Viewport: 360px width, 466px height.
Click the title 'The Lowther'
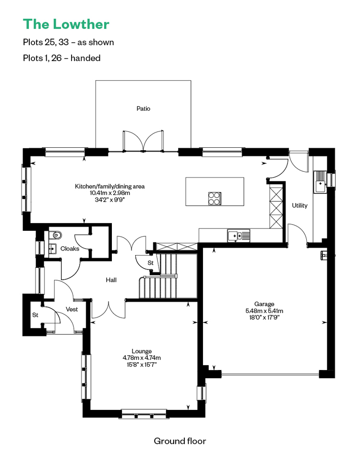click(66, 24)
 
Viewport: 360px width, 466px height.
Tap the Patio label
click(144, 108)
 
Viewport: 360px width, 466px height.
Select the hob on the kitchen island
click(215, 199)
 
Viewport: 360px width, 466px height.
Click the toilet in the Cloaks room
click(56, 235)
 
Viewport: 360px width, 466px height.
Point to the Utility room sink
click(320, 182)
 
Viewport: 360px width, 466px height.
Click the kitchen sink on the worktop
click(239, 236)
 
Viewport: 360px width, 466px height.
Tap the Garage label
click(264, 304)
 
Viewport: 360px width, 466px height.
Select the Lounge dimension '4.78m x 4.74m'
click(142, 358)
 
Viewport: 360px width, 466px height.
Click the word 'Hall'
click(111, 280)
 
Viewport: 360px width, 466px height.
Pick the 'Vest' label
click(72, 309)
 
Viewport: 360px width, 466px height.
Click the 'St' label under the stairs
click(150, 263)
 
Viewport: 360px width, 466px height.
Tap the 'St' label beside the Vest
click(35, 315)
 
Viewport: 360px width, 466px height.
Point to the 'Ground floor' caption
click(180, 441)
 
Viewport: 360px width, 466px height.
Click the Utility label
click(300, 205)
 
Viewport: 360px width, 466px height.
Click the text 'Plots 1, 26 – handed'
click(61, 58)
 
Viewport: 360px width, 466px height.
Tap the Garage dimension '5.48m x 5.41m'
click(264, 311)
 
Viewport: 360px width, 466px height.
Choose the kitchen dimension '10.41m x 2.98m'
click(110, 193)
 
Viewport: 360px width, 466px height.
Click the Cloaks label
click(70, 249)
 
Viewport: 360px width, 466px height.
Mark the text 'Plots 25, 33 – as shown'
click(68, 42)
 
